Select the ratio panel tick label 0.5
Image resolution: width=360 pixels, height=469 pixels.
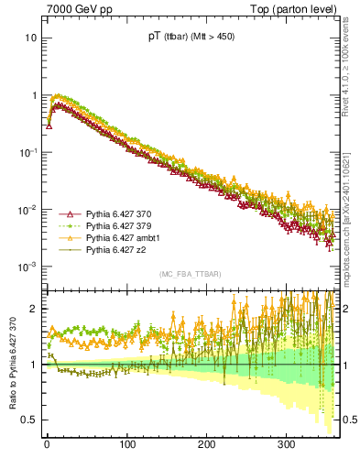click(x=28, y=420)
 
